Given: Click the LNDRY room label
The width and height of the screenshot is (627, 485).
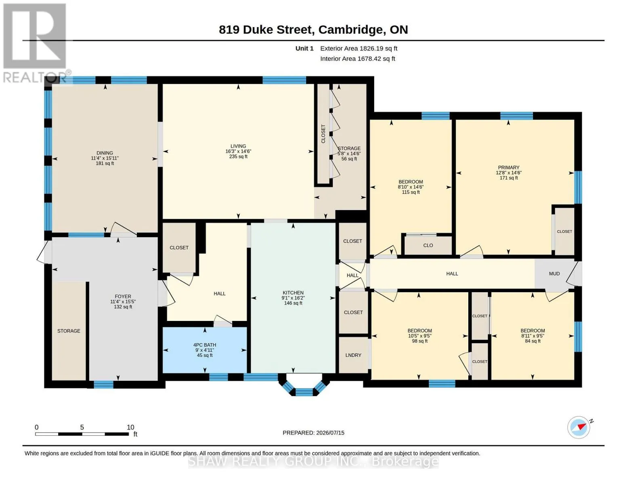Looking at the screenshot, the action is [353, 355].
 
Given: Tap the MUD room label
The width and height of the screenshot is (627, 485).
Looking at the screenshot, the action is [554, 274].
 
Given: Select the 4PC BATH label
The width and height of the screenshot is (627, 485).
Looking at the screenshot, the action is [205, 345].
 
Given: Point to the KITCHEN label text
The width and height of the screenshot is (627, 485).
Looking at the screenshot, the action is [293, 293].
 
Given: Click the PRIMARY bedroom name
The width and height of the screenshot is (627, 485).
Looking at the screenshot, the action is [508, 168].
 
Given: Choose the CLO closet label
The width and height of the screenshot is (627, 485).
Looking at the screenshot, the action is [428, 245].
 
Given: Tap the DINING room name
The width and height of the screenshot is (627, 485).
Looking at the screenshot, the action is [105, 153].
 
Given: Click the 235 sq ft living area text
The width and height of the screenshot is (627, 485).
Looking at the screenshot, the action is [238, 156].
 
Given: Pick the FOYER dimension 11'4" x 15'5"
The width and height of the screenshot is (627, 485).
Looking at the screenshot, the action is [123, 302].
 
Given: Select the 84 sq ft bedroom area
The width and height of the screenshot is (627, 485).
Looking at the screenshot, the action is [533, 341].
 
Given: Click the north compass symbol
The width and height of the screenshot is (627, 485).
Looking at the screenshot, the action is [579, 428].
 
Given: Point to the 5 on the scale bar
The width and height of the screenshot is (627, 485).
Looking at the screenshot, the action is [82, 427].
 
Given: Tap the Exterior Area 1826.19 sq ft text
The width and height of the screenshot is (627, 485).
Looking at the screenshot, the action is [359, 48].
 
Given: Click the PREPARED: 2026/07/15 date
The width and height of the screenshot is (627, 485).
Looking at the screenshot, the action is [313, 433].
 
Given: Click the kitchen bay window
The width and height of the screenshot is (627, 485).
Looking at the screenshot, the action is [304, 385].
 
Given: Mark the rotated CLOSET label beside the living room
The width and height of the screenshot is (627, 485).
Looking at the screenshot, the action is [323, 134].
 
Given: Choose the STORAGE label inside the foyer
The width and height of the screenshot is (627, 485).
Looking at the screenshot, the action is [69, 331].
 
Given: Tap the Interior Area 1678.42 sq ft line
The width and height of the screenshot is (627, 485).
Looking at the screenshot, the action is [357, 59].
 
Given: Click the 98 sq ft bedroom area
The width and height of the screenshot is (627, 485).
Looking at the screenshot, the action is [419, 341].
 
